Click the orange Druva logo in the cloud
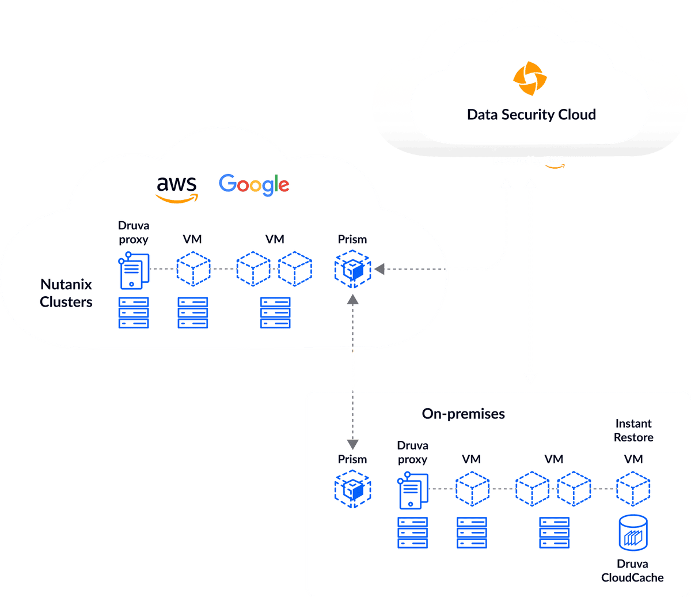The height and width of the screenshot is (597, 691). (x=531, y=80)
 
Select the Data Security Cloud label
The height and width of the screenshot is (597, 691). (x=531, y=114)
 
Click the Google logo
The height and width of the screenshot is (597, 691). (x=254, y=184)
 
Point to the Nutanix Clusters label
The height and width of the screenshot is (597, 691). (x=66, y=293)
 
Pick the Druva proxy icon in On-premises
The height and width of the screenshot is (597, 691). (x=412, y=489)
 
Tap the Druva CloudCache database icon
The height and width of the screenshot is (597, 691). (x=632, y=532)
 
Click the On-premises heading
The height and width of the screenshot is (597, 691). (x=463, y=413)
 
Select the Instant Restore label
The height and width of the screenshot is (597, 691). (x=633, y=430)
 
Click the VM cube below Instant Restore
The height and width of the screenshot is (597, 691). (x=633, y=489)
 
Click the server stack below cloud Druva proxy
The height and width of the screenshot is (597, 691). (x=134, y=312)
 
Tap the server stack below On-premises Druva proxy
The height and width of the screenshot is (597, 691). (x=412, y=532)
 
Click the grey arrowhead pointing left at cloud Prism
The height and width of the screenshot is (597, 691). (x=379, y=269)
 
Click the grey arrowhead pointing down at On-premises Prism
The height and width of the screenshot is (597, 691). (x=352, y=443)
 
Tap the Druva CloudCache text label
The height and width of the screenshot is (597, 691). (x=632, y=570)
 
